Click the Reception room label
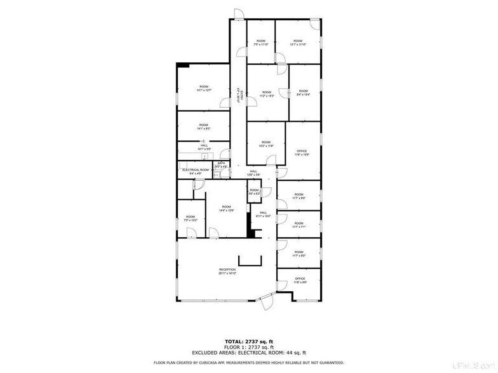(x=227, y=272)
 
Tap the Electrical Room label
(x=196, y=171)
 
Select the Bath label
(x=221, y=165)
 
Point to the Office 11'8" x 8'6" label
(x=300, y=280)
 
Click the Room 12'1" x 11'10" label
(x=298, y=43)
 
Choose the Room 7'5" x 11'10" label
(x=261, y=43)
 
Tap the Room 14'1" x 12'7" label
(x=203, y=88)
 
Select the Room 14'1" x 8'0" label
(x=203, y=126)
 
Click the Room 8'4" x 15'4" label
(x=303, y=93)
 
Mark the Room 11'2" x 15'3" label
(x=266, y=94)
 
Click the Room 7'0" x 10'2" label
(x=190, y=218)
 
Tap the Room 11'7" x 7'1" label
(x=299, y=225)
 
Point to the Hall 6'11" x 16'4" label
(x=262, y=214)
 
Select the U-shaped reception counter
(x=250, y=261)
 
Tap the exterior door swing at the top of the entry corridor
(x=237, y=14)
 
